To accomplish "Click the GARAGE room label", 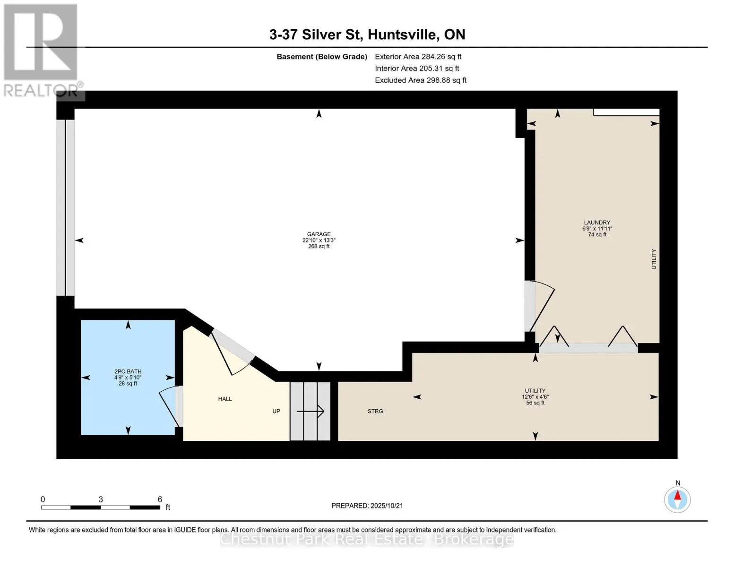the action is coord(319,234).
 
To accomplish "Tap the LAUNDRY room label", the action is coord(597,223).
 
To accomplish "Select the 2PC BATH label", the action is coord(128,371).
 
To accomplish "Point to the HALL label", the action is coord(225,399).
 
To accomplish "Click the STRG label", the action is coord(375,412).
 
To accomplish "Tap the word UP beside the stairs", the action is coord(276,412).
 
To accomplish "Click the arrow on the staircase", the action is coord(311,412).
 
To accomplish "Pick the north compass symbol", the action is coord(677,499).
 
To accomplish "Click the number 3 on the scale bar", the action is coord(101,499).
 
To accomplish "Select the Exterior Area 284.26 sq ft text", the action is coord(418,57).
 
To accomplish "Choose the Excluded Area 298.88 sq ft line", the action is coord(421,80).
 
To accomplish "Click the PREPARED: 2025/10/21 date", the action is coord(367,506).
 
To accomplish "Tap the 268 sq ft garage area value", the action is coord(319,247).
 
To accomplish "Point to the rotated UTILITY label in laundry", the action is coord(654,259).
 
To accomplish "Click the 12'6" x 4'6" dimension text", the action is coord(535,397).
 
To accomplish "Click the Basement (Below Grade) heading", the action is coord(321,57).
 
